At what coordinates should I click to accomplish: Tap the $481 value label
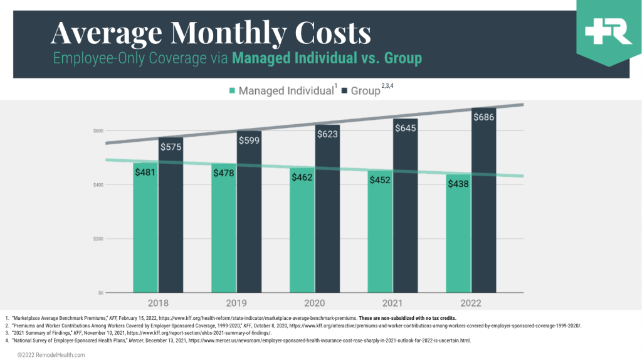pyautogui.click(x=145, y=172)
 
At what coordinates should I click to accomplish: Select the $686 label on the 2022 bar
pyautogui.click(x=483, y=117)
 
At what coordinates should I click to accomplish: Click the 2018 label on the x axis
pyautogui.click(x=157, y=303)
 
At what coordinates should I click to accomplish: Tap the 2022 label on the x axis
pyautogui.click(x=471, y=303)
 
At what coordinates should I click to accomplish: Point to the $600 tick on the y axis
pyautogui.click(x=98, y=130)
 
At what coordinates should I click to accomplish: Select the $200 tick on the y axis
pyautogui.click(x=98, y=239)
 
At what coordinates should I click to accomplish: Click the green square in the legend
pyautogui.click(x=232, y=91)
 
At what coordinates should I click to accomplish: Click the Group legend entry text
pyautogui.click(x=365, y=91)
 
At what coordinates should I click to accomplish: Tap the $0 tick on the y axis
pyautogui.click(x=101, y=293)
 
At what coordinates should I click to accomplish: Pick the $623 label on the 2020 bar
pyautogui.click(x=327, y=133)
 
